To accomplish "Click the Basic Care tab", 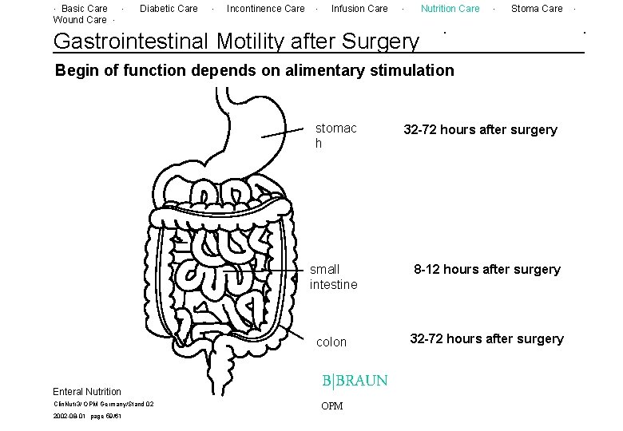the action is pos(85,9).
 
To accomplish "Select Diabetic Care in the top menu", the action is pos(169,9).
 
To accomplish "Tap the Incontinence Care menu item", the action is pos(265,9).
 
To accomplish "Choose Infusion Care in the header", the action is pos(359,9).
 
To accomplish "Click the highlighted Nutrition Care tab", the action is pos(450,9).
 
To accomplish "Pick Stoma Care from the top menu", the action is pos(537,9).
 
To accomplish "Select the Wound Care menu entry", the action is pos(79,20).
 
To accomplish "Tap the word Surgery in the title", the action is pos(379,40).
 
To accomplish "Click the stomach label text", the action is pos(335,136).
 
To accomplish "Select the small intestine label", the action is pos(333,277).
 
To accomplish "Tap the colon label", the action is pos(331,342).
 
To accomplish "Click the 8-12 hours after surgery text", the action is pos(486,270).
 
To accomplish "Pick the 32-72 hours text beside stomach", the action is pos(480,130).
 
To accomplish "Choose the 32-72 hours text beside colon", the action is pos(486,339).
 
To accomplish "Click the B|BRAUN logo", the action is pos(355,381).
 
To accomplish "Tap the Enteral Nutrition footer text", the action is pos(87,392).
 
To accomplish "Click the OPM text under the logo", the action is pos(331,406).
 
